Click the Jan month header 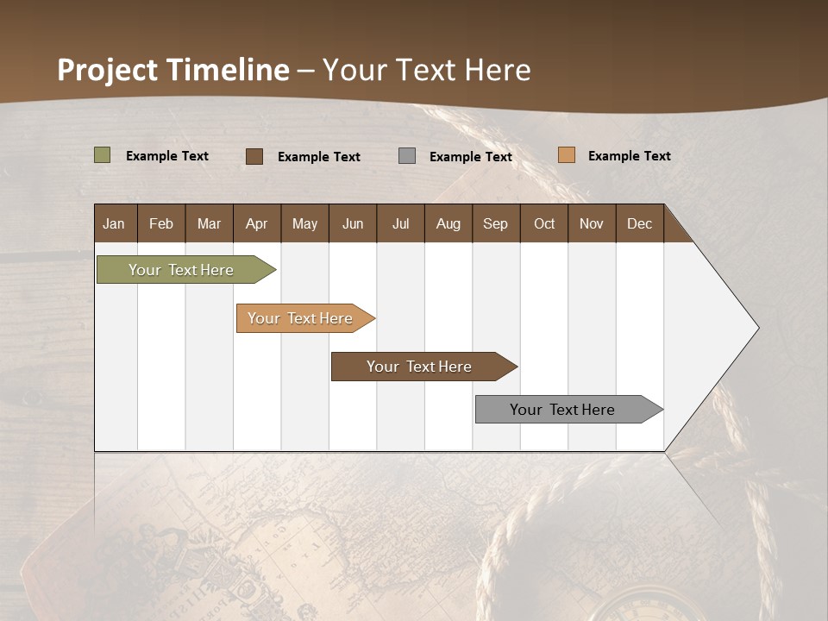tap(115, 223)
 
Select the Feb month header tap(161, 223)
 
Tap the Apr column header tap(257, 223)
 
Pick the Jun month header tap(353, 223)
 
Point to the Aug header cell tap(448, 223)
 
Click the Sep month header tap(496, 223)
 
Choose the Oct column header tap(544, 223)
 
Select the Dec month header tap(640, 223)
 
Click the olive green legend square tap(103, 155)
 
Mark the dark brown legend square tap(254, 156)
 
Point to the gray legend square tap(407, 156)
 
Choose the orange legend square tap(567, 155)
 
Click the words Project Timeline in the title tap(173, 70)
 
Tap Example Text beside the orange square tap(629, 156)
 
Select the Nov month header tap(592, 223)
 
